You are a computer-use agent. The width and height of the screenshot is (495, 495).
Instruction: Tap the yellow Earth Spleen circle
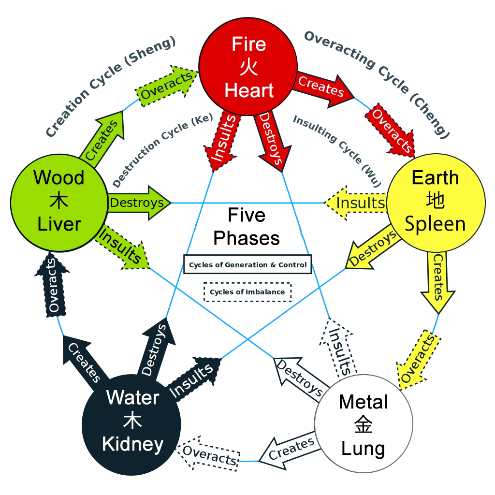click(x=435, y=202)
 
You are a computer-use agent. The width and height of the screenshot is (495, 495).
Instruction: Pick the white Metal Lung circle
click(x=364, y=424)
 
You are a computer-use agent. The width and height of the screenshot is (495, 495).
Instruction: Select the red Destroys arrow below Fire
click(x=271, y=138)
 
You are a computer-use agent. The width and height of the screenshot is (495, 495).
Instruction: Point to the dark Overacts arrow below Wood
click(x=53, y=285)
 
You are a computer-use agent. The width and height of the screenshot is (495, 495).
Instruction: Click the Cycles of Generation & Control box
click(x=247, y=265)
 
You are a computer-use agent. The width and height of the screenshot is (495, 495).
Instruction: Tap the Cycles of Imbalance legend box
click(x=247, y=292)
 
